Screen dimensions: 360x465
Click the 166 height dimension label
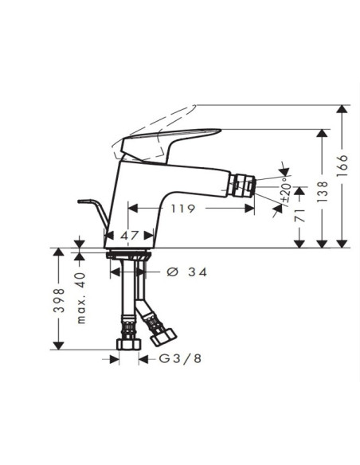click(x=342, y=166)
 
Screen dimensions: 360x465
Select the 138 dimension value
click(x=323, y=192)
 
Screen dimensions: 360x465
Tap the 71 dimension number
click(x=300, y=215)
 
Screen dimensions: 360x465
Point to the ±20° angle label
click(x=286, y=190)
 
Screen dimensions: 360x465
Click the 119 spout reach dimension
click(x=183, y=209)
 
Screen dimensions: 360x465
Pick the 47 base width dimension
click(x=130, y=236)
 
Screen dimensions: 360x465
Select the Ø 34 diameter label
click(x=187, y=272)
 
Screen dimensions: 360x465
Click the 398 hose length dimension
click(x=59, y=300)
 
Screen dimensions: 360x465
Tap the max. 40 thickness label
click(x=81, y=298)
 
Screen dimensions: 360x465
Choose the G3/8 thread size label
click(x=180, y=359)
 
